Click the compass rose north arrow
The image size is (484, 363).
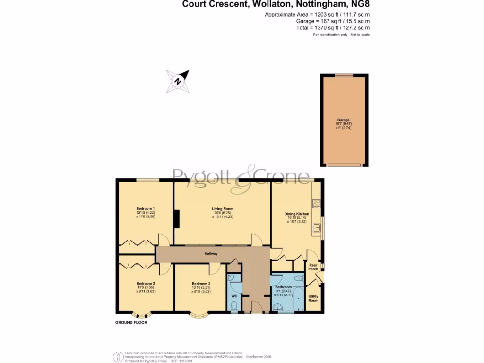point(178,81)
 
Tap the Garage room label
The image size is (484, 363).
point(344,120)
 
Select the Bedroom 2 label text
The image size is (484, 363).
point(146,283)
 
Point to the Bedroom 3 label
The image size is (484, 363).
point(199,283)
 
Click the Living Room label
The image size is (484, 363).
point(222,209)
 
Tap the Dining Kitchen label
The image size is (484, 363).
point(296,214)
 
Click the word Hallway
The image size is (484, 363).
point(211,254)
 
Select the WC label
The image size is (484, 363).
point(234,296)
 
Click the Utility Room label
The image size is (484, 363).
point(313,298)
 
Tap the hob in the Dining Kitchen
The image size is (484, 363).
point(316,203)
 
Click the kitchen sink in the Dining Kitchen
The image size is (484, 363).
point(317,229)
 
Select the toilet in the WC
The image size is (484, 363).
point(234,306)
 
